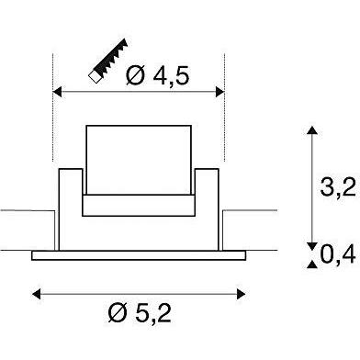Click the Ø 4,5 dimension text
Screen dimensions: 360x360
coord(157,76)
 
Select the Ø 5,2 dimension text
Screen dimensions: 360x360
coord(140,313)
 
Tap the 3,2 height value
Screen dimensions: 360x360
coord(338,186)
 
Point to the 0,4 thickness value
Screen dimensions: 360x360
coord(338,254)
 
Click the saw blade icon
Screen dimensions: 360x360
coord(108,61)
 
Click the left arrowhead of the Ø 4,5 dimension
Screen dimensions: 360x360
coord(57,92)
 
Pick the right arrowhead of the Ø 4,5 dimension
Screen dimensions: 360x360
coord(220,92)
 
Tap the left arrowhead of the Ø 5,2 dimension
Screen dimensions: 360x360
coord(37,294)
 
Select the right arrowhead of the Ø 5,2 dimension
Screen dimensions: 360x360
coord(241,294)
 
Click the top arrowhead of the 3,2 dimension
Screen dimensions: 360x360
coord(312,130)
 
